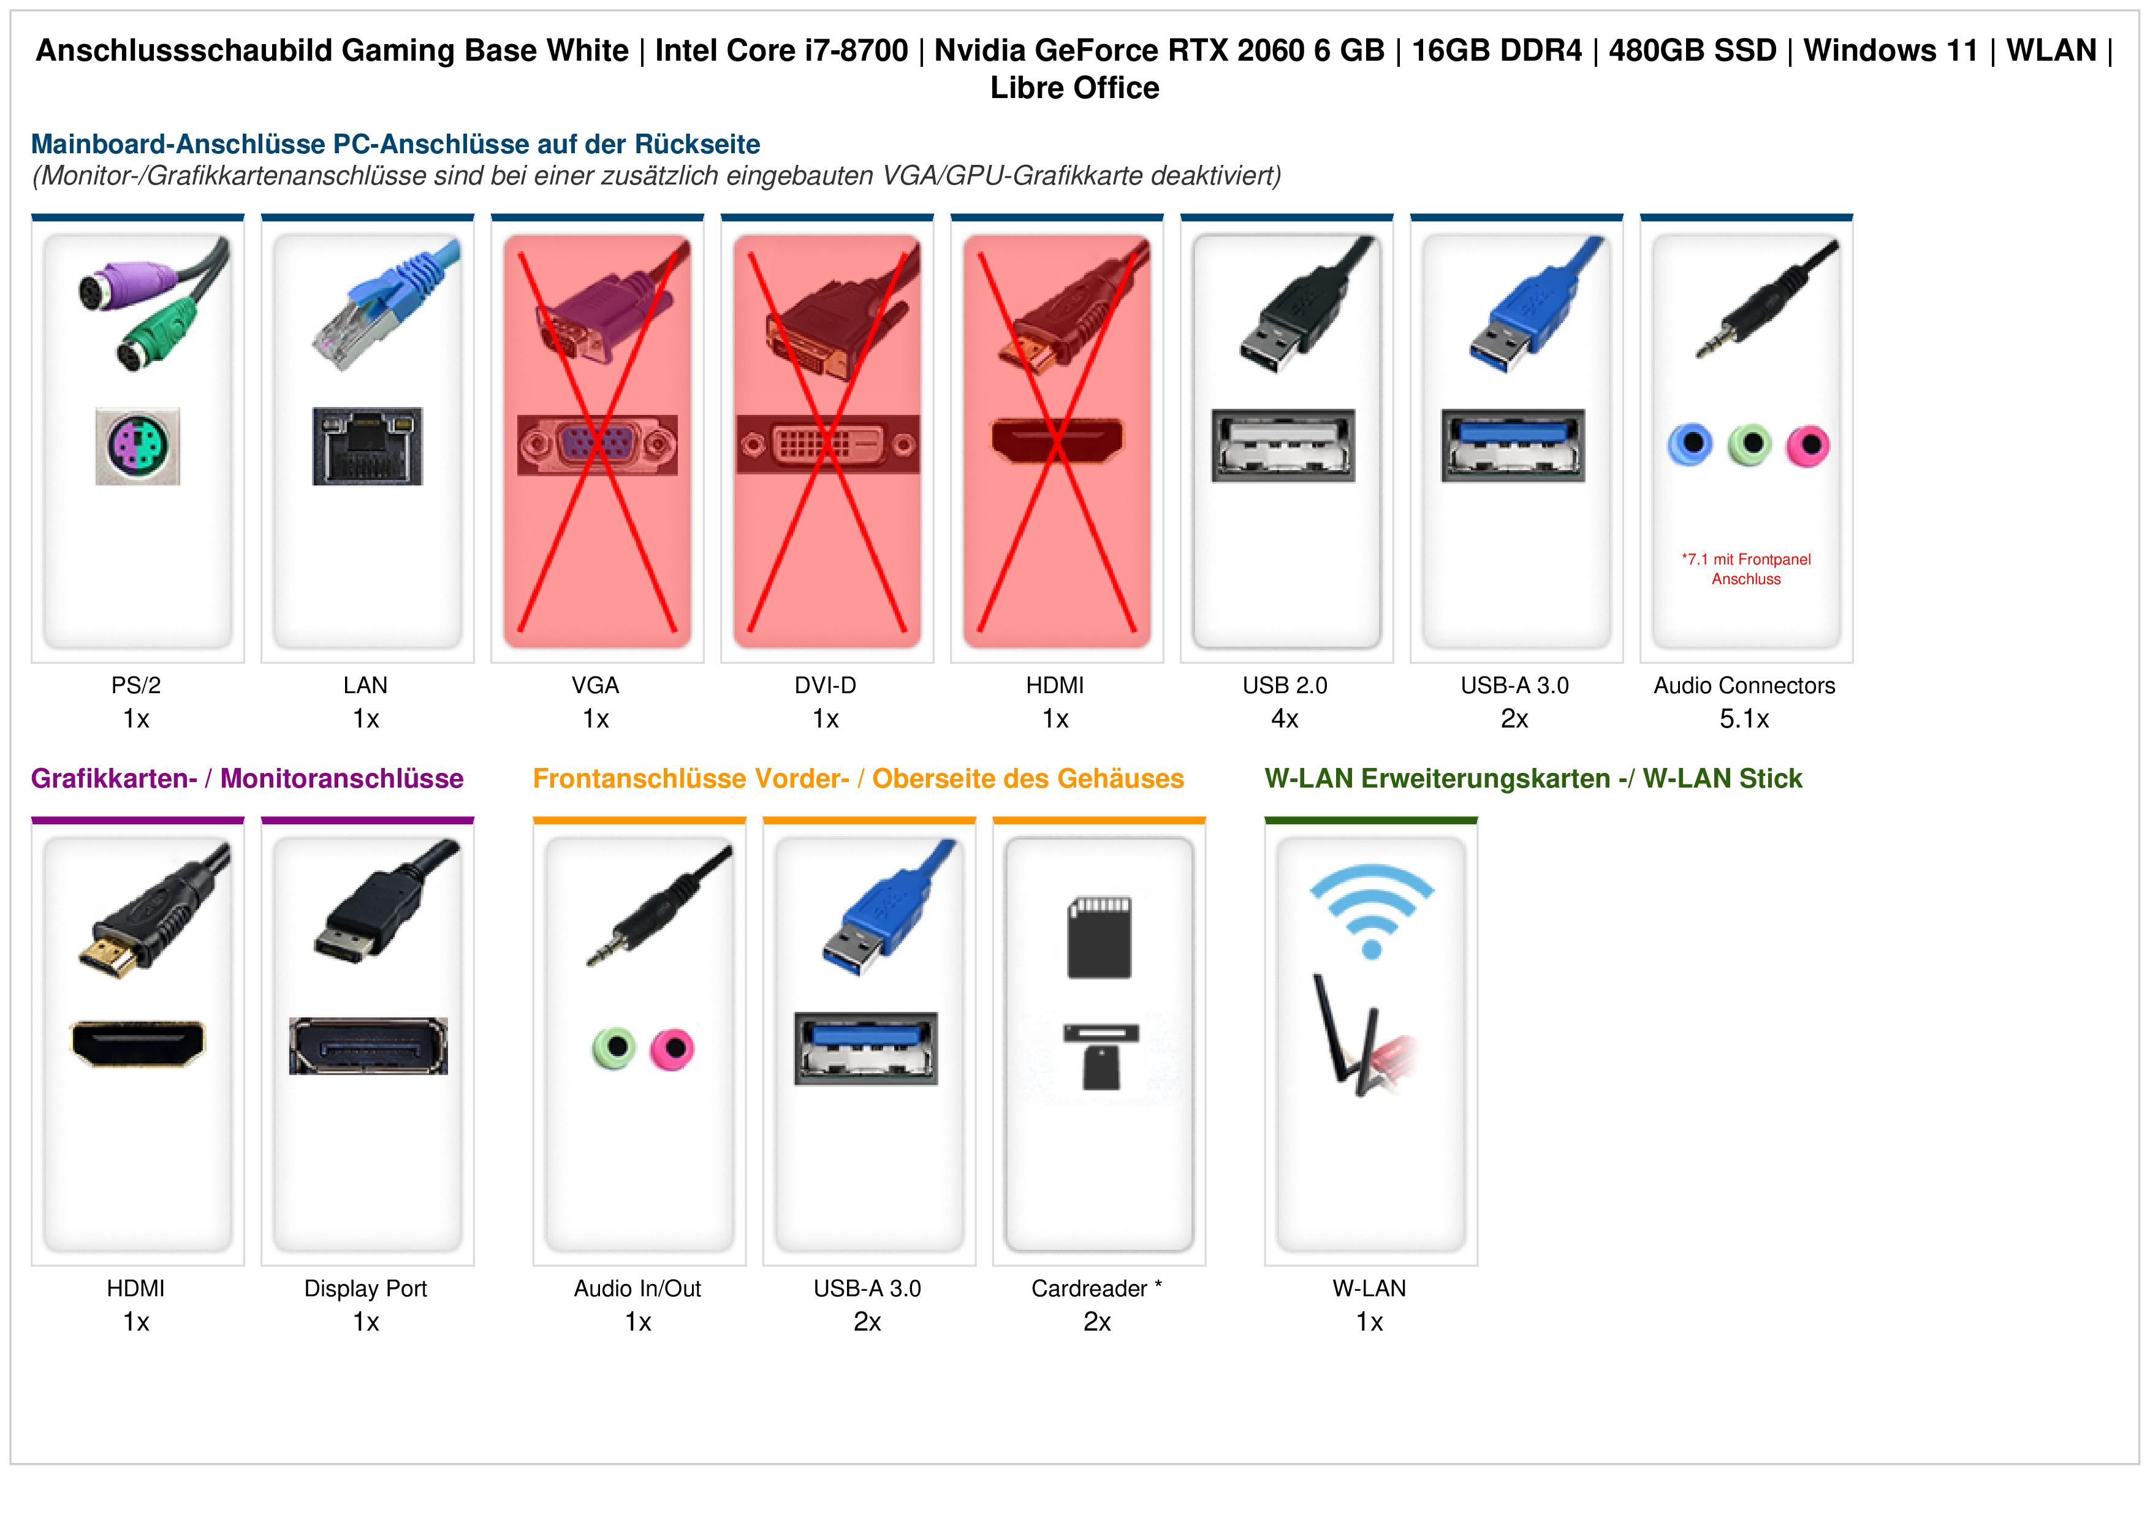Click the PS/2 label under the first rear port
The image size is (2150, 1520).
[x=136, y=686]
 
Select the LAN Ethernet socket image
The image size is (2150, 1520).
[x=367, y=446]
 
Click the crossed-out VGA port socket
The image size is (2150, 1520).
[x=598, y=445]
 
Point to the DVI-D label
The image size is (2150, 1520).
[x=825, y=686]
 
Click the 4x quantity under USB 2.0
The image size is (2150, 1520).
[x=1285, y=720]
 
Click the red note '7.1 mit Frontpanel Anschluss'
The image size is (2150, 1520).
[x=1746, y=569]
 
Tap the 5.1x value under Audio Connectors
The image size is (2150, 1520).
[x=1744, y=720]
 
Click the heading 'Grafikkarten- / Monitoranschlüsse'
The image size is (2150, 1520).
[x=247, y=778]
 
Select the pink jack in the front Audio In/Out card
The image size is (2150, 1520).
[x=672, y=1048]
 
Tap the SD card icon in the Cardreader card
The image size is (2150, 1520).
[x=1100, y=938]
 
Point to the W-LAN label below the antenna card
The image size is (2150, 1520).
[x=1369, y=1289]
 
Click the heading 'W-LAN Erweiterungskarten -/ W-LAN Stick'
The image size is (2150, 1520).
[x=1533, y=778]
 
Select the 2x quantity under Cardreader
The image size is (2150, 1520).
[x=1098, y=1323]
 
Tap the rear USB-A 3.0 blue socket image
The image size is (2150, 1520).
[x=1513, y=446]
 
